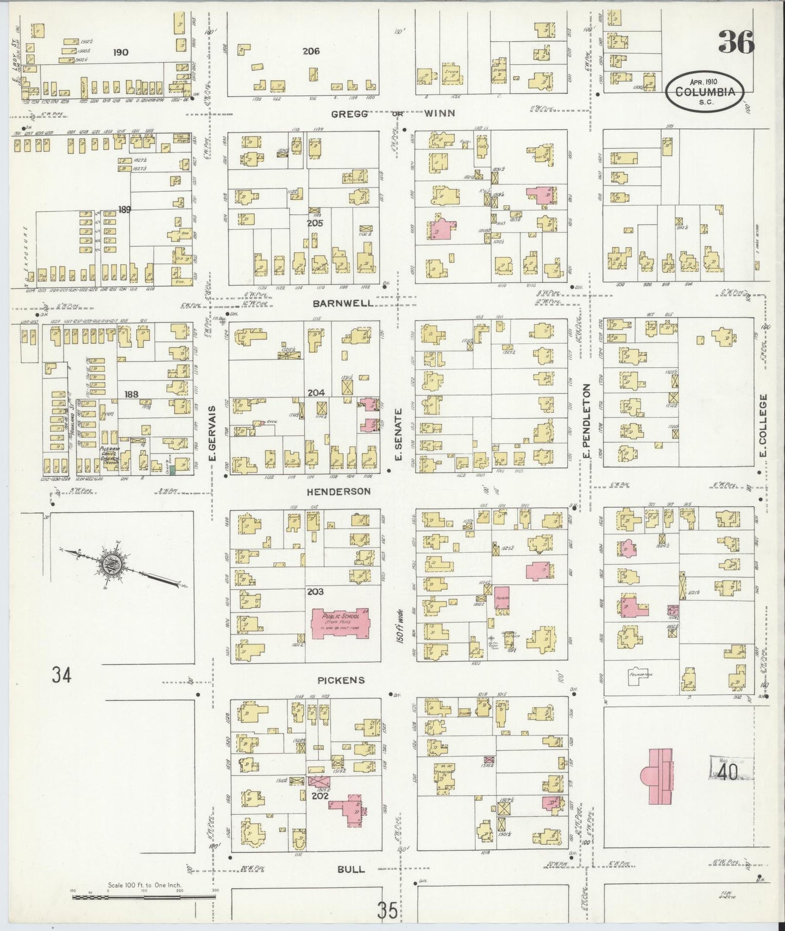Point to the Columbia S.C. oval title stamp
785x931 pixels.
click(709, 92)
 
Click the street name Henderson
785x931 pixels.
click(338, 491)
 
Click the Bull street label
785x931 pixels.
click(351, 869)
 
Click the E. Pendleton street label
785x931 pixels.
click(586, 424)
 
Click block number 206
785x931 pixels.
click(311, 52)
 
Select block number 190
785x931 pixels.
click(121, 52)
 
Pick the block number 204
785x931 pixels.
click(316, 393)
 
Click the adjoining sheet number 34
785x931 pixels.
click(61, 675)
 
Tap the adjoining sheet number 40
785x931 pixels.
click(731, 772)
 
